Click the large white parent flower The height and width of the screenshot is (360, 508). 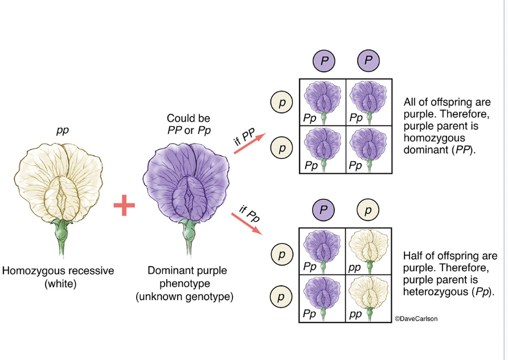[62, 182]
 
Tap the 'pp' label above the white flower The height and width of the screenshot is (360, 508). [62, 130]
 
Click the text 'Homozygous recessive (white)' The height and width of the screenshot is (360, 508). [58, 277]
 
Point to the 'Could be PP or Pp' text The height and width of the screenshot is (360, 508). [189, 124]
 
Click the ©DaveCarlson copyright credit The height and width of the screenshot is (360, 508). [416, 319]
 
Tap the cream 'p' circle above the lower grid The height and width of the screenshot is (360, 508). [368, 211]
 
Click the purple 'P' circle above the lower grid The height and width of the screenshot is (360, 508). [323, 211]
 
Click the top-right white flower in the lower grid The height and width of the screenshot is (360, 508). [368, 249]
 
